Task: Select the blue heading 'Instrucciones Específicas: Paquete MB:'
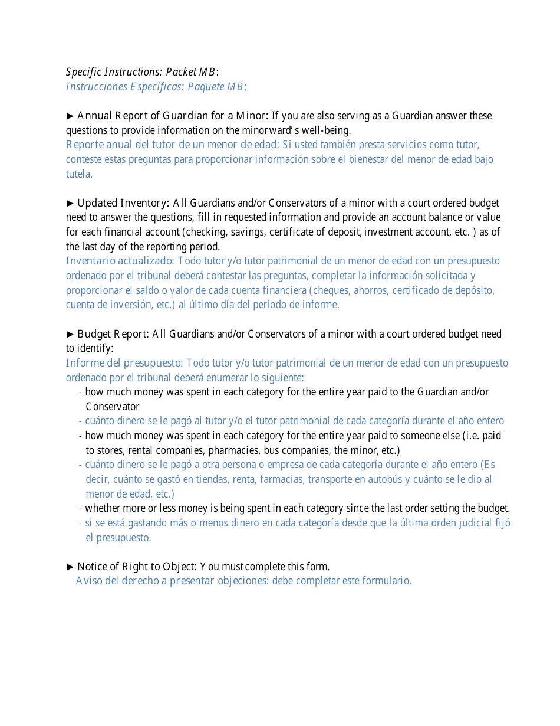pos(156,87)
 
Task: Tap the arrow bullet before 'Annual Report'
pos(70,116)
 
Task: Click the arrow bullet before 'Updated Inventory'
pos(70,203)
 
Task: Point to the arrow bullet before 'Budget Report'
pos(70,334)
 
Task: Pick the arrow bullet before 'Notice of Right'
pos(70,567)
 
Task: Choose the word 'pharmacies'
pos(232,450)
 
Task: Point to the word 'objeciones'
pos(242,581)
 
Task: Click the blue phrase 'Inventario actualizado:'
pos(120,261)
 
